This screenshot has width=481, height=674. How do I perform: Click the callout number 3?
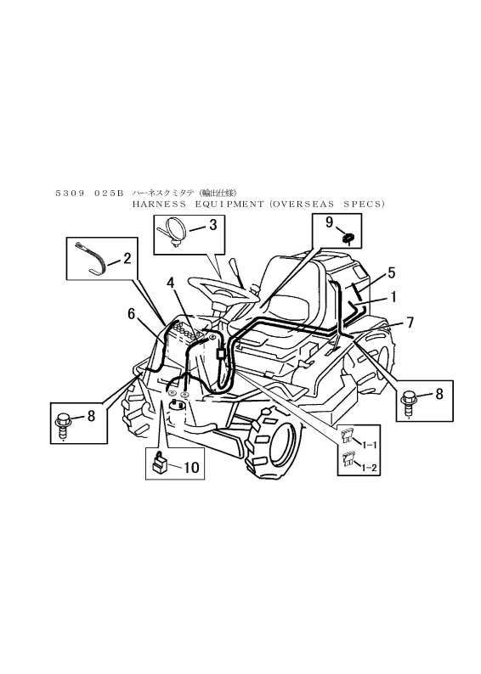pos(213,225)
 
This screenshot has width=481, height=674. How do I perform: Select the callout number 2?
pos(127,258)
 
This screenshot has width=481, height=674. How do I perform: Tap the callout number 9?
pos(329,222)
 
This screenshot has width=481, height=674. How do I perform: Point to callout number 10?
pos(192,467)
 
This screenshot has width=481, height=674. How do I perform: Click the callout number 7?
pos(410,322)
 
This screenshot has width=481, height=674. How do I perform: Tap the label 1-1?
pos(369,446)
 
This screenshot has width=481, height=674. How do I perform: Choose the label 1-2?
pos(369,468)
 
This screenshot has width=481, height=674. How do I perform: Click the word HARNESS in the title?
pos(159,205)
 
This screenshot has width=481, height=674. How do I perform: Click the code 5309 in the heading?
pos(71,194)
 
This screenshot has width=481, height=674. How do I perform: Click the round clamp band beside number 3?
pos(174,232)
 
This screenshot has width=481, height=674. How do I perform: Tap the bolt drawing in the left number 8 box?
pos(63,425)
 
